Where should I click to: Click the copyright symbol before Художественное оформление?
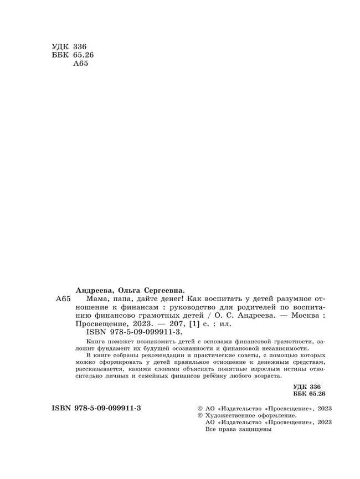(193, 415)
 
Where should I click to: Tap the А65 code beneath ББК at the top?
(81, 63)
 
